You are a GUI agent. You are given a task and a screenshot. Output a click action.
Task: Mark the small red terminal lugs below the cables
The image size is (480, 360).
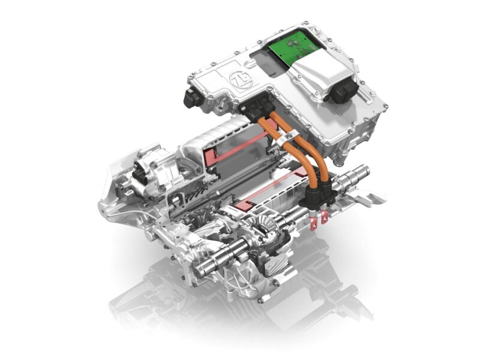point(320,217)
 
